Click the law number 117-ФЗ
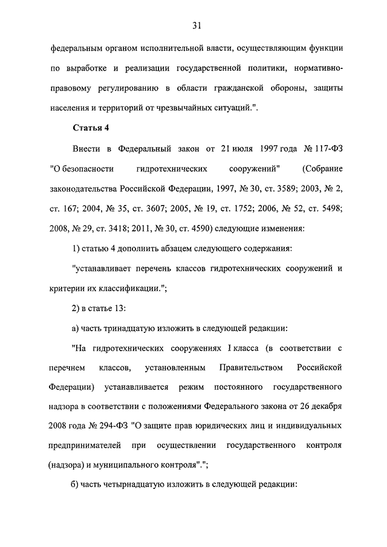327,148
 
